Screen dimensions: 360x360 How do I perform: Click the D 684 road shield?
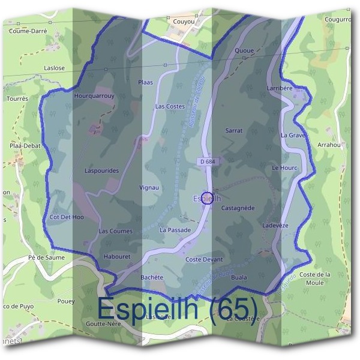pos(206,161)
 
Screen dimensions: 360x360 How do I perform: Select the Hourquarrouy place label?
pos(94,95)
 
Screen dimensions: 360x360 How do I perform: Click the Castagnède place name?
pos(238,208)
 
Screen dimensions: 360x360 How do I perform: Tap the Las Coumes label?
pos(115,231)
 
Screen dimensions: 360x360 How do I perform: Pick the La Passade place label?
pos(175,230)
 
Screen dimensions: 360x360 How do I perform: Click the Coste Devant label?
pos(204,259)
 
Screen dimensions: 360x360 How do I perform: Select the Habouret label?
pos(116,256)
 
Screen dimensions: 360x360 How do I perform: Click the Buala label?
pos(239,277)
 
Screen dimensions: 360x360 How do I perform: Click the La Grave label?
pos(293,136)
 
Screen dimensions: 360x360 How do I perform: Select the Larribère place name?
pos(279,88)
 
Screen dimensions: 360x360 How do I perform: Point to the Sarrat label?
pos(233,130)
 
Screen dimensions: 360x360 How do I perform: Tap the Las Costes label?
pos(170,106)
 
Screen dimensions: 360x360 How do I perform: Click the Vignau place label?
pos(149,187)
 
